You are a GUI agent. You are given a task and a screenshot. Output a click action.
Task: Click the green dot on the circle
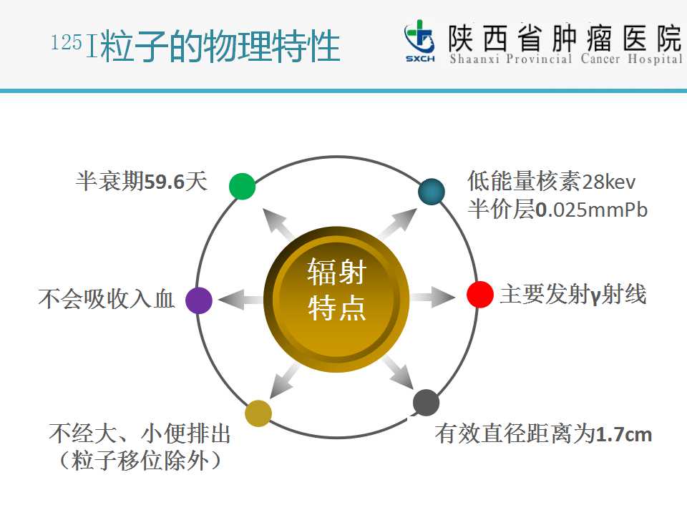tap(243, 186)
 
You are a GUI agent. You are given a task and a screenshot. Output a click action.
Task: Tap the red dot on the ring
tap(480, 294)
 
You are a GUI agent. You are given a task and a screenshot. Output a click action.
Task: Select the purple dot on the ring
tap(199, 300)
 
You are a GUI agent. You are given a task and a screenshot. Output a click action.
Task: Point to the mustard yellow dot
tap(258, 413)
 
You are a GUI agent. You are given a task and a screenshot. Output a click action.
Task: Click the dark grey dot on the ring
tap(426, 403)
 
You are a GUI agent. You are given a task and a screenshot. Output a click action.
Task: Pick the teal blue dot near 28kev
tap(432, 192)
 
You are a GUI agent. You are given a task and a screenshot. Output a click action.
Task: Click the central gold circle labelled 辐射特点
tap(336, 300)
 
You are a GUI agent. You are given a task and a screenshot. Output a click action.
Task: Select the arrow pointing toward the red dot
tap(433, 298)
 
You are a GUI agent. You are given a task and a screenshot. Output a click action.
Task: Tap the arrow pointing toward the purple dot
tap(240, 300)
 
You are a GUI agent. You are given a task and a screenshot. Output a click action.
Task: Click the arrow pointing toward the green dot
tap(278, 224)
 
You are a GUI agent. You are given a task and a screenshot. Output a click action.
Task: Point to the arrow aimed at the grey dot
tap(399, 372)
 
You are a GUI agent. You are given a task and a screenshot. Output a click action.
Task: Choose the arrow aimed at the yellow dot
tap(284, 380)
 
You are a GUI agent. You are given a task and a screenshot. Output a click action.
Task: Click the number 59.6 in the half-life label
tap(165, 182)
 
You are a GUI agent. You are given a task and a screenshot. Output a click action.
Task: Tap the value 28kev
tap(608, 182)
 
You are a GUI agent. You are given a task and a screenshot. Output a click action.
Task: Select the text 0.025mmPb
tap(592, 210)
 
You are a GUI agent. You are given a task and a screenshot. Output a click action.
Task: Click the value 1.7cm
tap(624, 434)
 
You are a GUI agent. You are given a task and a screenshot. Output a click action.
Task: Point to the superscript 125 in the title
tap(67, 42)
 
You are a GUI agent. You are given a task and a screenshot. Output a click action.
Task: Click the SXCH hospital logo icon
tap(420, 40)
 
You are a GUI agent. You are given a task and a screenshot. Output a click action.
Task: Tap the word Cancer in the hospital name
tap(600, 59)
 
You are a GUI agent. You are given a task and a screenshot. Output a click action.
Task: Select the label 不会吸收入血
tap(107, 299)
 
